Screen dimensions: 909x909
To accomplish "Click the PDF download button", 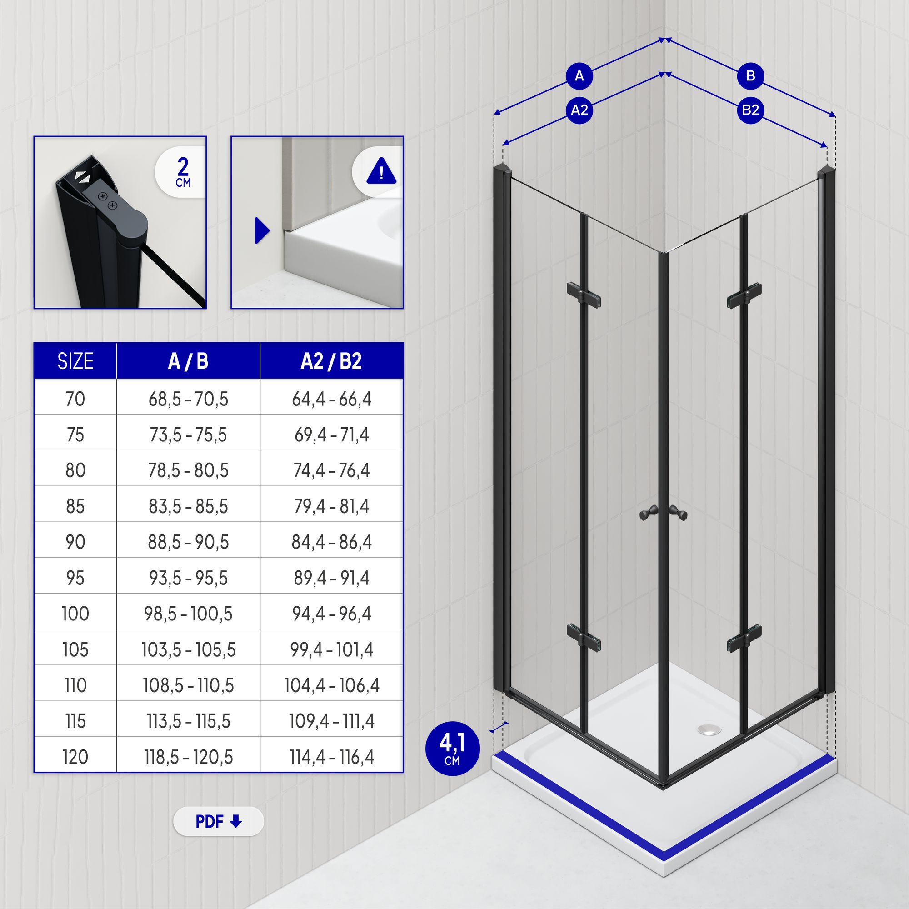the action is [218, 821].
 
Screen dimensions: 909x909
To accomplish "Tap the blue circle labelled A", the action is [579, 75].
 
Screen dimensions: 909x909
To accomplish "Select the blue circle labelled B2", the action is [750, 110].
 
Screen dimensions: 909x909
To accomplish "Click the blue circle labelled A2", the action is [579, 110].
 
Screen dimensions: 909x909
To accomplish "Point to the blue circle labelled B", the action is [750, 75].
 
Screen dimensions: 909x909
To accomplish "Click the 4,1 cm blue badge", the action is [452, 749].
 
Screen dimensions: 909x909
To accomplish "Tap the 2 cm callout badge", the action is [181, 172].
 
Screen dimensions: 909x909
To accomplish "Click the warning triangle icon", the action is [381, 170].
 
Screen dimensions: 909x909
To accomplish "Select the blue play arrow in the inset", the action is [262, 230].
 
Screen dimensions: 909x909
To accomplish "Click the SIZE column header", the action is [75, 361].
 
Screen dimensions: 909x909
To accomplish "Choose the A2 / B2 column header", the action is [331, 361].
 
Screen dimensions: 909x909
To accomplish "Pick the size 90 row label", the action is [75, 542].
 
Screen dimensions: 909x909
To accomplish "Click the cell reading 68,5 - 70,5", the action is [188, 399].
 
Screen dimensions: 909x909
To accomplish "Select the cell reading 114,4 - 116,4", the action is [331, 757].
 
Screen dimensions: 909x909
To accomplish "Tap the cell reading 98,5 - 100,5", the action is [188, 614].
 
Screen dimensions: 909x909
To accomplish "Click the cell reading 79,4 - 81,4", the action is [331, 506].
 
